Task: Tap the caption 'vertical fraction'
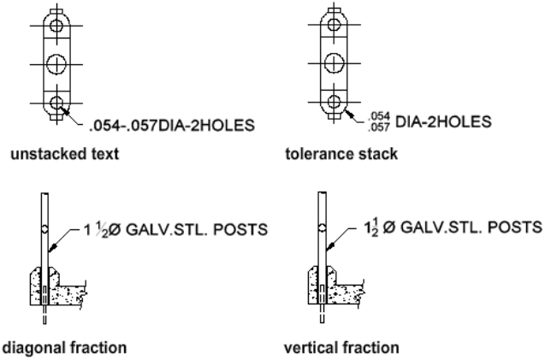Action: coord(329,348)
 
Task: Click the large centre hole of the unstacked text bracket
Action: coord(57,63)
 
